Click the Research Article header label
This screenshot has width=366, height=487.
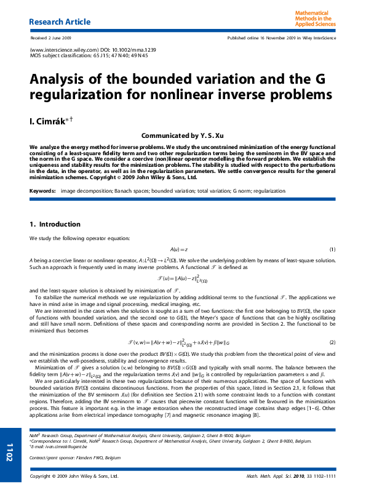point(60,22)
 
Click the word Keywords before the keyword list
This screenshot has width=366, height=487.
point(42,191)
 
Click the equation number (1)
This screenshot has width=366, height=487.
point(332,249)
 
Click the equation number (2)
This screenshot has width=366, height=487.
point(332,342)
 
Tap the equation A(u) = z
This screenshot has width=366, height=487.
point(179,249)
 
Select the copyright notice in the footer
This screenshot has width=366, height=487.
point(74,477)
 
